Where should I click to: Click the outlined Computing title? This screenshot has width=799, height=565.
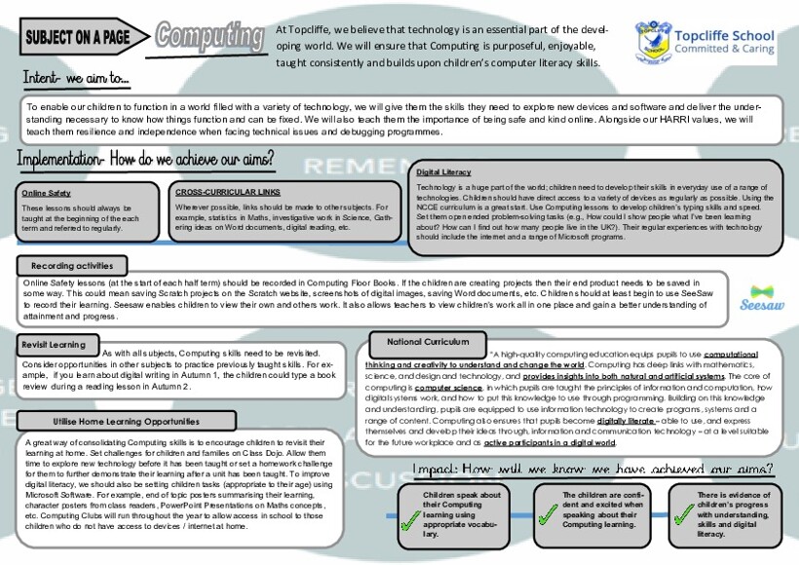(209, 36)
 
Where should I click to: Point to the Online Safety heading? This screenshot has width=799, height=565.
(46, 193)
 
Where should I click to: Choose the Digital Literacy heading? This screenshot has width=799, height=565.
(443, 171)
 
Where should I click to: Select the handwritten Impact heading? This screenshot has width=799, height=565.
(593, 470)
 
